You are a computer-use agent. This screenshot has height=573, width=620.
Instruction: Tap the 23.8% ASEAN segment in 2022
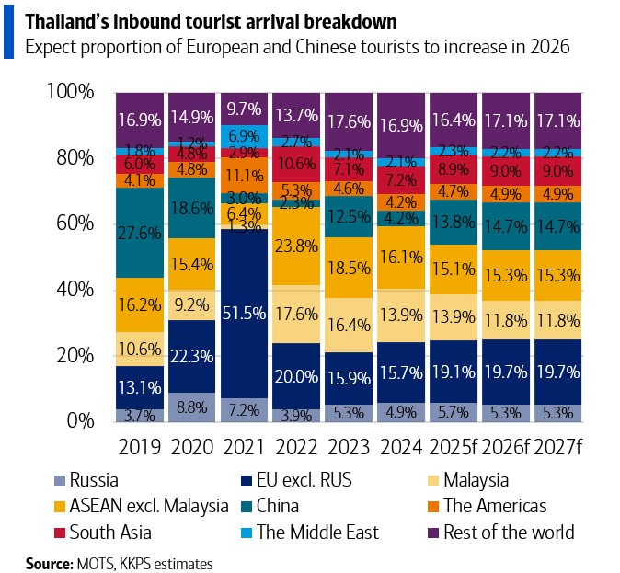coord(296,246)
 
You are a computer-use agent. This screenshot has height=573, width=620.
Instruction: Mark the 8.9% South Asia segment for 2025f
coord(454,168)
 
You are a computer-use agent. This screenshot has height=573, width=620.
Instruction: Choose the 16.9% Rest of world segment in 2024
coord(402,120)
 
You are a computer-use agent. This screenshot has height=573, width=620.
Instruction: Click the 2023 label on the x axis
coord(350,448)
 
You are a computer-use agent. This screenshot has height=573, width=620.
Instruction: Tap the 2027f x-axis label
coord(558,448)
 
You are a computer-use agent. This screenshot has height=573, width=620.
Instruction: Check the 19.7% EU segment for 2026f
coord(507,372)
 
